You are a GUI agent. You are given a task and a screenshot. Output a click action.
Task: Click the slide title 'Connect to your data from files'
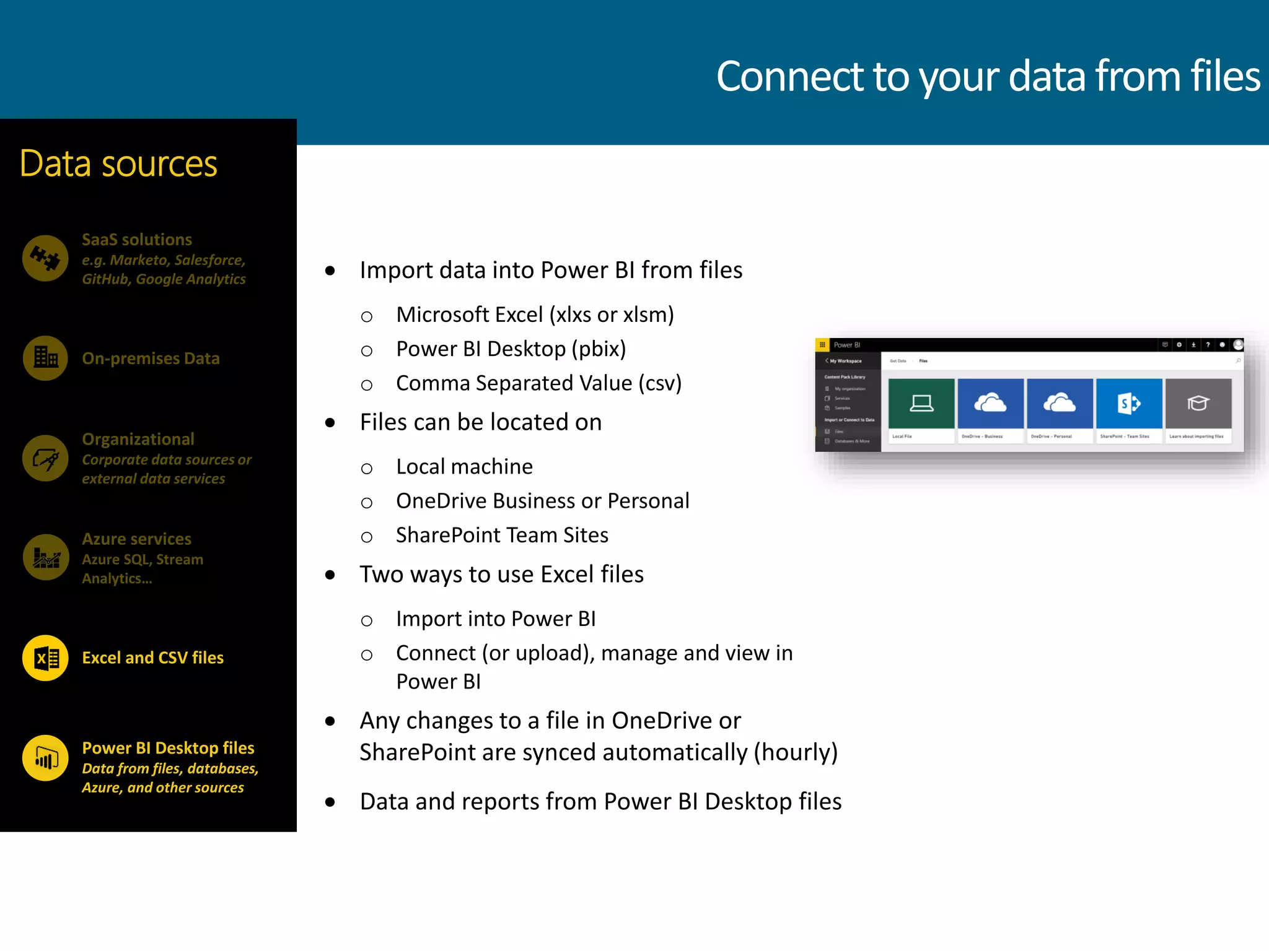988,76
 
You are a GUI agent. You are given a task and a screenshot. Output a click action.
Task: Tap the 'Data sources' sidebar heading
118,163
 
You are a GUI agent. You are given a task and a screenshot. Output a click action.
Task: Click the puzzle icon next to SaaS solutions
45,258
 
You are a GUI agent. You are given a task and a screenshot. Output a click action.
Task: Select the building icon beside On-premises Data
45,358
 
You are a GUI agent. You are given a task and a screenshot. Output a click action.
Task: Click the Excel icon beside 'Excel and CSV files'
45,658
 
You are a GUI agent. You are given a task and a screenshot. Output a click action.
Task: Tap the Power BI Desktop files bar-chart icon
45,758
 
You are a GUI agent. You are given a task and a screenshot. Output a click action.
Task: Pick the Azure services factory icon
45,557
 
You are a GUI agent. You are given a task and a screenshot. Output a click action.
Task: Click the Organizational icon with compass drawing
45,458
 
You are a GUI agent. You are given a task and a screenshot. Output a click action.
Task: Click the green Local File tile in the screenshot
921,404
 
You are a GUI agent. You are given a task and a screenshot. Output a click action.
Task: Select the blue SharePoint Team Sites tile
1129,404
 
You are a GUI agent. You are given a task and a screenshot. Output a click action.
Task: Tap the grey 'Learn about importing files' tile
1198,404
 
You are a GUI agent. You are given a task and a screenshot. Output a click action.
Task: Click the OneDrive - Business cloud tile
990,404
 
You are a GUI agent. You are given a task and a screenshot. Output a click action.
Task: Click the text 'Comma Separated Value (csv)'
538,383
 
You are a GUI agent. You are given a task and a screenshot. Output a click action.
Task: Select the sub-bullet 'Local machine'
464,467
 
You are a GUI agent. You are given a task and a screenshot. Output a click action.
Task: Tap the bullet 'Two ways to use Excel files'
501,575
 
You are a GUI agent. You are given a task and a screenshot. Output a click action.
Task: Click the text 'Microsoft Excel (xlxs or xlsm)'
535,315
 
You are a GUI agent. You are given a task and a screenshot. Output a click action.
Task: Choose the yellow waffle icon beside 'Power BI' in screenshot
822,345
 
